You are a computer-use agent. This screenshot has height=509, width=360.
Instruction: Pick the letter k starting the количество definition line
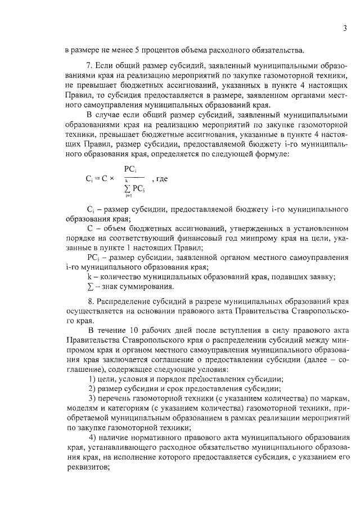point(89,277)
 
